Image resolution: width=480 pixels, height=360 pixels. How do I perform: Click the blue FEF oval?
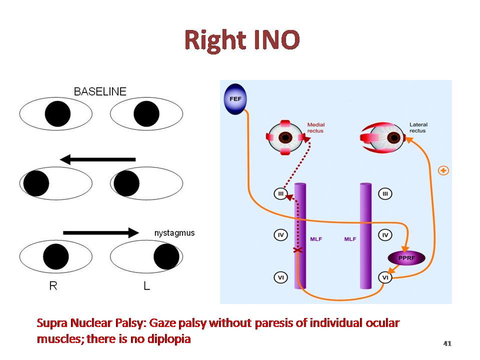235,99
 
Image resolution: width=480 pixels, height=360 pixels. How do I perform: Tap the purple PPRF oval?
406,258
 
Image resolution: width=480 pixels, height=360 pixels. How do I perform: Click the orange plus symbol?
443,170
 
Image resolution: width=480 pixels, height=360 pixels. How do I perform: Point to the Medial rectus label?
316,127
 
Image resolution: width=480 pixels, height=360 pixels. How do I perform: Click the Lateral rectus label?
418,127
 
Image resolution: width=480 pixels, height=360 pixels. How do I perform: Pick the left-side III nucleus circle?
280,194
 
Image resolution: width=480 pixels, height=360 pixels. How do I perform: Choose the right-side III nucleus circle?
385,194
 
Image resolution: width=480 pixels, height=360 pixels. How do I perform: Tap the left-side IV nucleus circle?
280,235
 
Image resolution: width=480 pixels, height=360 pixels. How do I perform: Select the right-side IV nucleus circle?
385,235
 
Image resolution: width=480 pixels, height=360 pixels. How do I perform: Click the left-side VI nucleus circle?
280,277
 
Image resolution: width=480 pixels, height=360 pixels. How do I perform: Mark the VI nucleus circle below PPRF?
385,277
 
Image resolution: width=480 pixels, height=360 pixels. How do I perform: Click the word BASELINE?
100,91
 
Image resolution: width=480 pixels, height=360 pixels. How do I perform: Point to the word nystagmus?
174,233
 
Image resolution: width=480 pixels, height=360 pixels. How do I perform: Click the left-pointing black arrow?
97,159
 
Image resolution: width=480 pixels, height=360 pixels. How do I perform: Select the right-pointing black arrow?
101,232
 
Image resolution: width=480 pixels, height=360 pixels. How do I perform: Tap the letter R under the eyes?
53,285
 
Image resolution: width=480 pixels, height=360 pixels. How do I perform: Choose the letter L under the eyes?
146,285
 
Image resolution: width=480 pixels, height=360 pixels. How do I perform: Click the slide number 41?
447,343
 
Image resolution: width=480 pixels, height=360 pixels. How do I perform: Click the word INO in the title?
276,40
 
